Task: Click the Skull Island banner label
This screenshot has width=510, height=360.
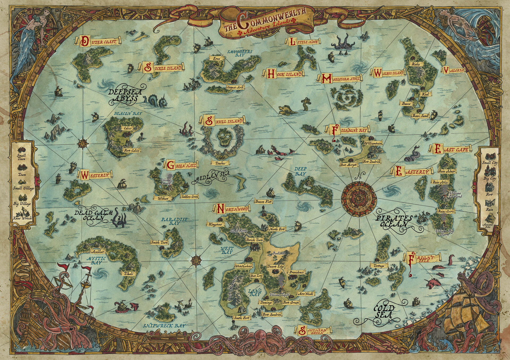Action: (x=224, y=121)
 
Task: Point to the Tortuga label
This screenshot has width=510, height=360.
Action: (x=379, y=266)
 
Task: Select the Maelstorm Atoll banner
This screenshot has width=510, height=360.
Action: (x=339, y=78)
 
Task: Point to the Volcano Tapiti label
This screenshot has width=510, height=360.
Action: (x=279, y=295)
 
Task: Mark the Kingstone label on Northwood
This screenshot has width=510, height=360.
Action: (x=215, y=225)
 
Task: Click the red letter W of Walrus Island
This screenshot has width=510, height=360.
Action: (x=377, y=73)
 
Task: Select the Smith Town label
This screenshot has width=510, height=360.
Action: (x=159, y=242)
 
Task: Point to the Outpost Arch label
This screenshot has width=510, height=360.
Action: (x=235, y=87)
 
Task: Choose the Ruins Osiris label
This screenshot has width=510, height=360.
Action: (x=446, y=211)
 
